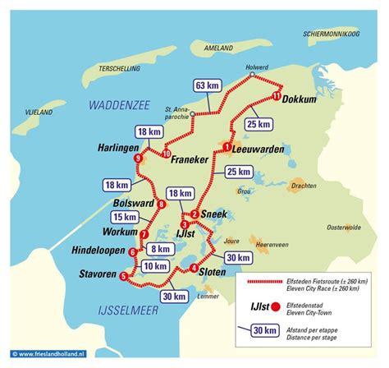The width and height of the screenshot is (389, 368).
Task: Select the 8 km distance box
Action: pos(162,248)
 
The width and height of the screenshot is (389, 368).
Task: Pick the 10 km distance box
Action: pos(153,265)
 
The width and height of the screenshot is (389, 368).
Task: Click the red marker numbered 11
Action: pos(277,97)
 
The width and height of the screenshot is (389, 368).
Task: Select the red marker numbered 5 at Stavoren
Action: pos(123,276)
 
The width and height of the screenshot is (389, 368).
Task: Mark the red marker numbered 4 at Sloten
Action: pos(194,269)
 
